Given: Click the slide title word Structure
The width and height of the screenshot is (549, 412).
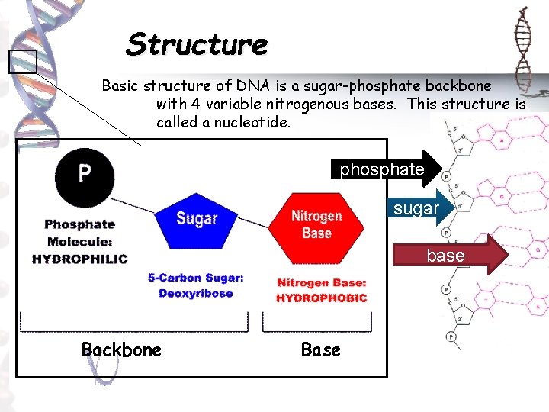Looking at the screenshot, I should tap(197, 44).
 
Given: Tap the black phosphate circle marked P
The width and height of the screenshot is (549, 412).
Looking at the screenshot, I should tap(84, 175).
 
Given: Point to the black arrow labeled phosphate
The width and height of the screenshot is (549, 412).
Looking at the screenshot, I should tap(386, 169).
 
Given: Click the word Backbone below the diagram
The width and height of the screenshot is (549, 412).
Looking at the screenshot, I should tap(121, 349).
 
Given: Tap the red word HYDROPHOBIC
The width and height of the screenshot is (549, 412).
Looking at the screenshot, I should tap(321, 298).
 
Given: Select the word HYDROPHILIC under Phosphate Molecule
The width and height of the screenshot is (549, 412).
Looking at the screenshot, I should tap(79, 259).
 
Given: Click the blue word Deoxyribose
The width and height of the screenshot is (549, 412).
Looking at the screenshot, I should tap(195, 294).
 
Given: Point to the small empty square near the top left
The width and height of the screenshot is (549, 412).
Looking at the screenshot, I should tap(22, 61).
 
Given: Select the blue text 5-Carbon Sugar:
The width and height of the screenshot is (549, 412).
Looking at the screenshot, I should tap(196, 278).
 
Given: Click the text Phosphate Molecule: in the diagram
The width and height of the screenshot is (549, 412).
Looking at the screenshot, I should tap(79, 233).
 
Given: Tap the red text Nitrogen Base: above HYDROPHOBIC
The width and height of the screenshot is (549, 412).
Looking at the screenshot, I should tap(321, 282).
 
